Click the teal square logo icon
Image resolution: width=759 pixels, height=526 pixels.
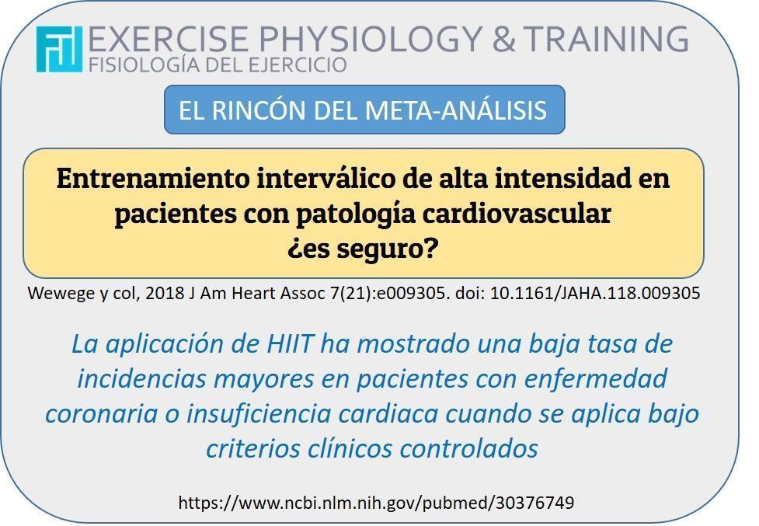click(59, 50)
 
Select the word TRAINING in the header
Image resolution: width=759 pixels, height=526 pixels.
click(605, 38)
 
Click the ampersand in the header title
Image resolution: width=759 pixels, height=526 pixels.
click(503, 39)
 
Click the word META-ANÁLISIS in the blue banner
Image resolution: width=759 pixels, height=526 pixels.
click(455, 110)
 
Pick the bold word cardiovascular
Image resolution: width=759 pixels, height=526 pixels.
click(517, 214)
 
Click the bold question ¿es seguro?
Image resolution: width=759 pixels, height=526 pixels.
click(363, 249)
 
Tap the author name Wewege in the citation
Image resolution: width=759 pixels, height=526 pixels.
click(61, 293)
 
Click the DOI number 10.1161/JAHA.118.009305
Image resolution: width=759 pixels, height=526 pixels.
click(595, 293)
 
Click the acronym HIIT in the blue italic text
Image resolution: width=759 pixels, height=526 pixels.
click(289, 344)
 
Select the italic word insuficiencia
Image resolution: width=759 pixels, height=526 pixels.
click(259, 414)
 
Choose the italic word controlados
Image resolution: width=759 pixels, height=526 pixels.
click(468, 448)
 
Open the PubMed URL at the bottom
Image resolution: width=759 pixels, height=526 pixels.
click(376, 503)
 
